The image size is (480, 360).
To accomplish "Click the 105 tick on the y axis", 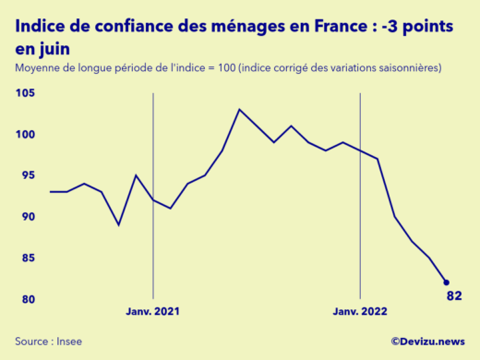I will click(24, 93).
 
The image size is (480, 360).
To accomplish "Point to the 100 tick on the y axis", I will click(24, 135).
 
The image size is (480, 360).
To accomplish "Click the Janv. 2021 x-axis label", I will click(153, 312).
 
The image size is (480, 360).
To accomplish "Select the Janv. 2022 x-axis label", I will click(360, 312).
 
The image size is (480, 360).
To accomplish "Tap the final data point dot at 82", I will click(447, 282).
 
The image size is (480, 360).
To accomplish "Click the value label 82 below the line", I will click(453, 296).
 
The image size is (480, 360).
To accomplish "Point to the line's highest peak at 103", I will click(240, 110).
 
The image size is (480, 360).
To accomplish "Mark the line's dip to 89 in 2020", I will click(119, 224).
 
